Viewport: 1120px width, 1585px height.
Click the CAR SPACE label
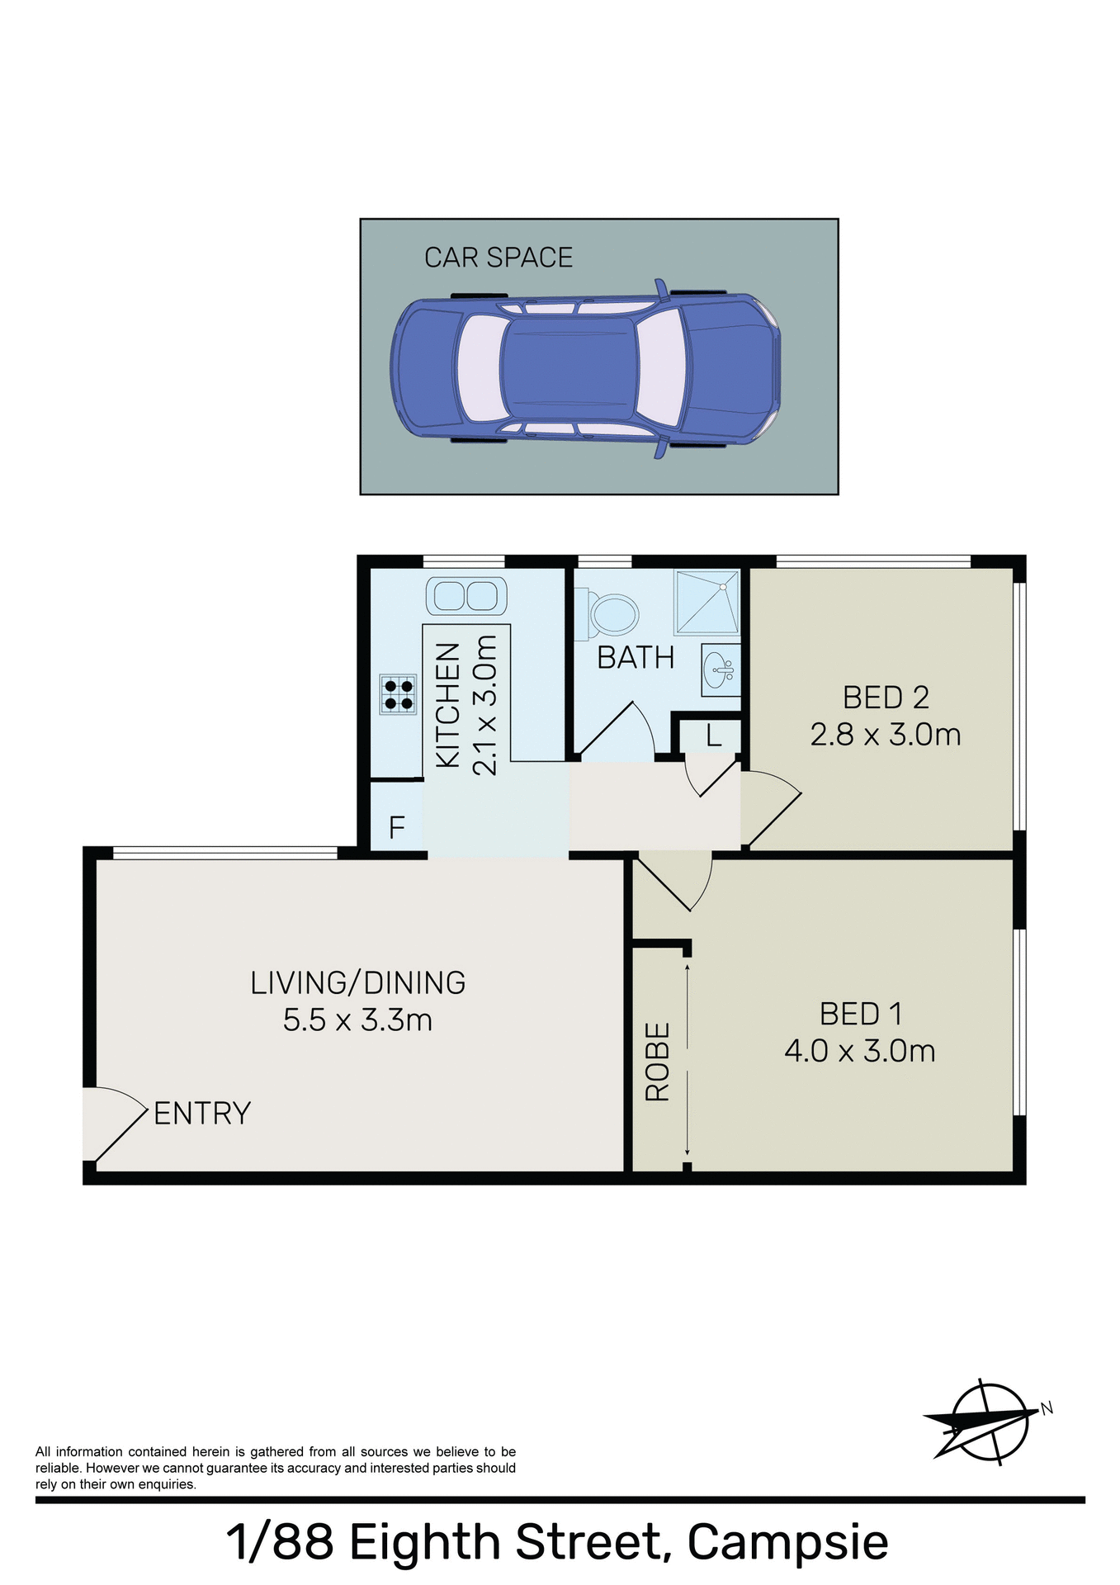click(498, 258)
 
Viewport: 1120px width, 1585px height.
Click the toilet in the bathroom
click(612, 615)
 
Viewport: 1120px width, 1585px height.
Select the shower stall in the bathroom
click(707, 603)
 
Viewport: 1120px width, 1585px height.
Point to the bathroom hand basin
click(720, 669)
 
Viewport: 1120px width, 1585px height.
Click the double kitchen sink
click(465, 595)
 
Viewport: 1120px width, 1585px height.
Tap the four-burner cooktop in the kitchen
click(399, 693)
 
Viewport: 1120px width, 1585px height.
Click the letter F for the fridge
click(396, 826)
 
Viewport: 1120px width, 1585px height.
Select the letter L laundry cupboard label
click(713, 735)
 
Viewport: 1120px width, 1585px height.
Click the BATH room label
click(636, 658)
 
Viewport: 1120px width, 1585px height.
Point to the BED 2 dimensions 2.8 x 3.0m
click(885, 735)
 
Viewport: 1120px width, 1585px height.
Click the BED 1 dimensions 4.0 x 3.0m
click(859, 1051)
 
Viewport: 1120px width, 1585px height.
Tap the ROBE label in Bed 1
click(658, 1062)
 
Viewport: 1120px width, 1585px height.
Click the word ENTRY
click(202, 1114)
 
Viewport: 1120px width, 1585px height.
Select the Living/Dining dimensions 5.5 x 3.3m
click(357, 1020)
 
